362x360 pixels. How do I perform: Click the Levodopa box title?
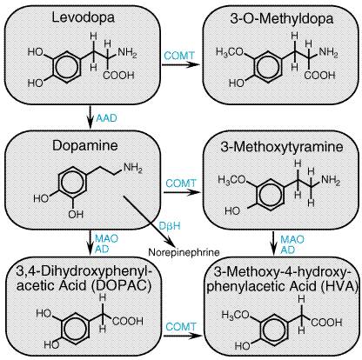pos(84,18)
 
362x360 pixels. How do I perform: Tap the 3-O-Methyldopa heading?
pos(282,18)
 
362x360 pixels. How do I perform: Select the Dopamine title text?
pos(85,145)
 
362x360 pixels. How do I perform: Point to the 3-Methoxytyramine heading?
pos(282,147)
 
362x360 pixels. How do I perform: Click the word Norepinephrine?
pos(184,252)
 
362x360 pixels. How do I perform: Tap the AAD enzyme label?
pos(106,118)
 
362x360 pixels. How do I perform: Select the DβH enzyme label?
pos(170,226)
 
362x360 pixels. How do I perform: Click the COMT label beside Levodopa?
pos(179,56)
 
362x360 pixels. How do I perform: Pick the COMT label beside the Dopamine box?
pos(181,183)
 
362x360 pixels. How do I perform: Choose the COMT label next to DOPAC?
pos(181,327)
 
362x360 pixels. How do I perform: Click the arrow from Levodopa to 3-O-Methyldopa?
pos(181,64)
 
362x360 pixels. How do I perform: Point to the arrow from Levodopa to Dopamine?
pos(90,117)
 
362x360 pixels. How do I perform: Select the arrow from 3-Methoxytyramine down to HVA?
pos(273,243)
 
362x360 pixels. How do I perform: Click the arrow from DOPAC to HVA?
pos(183,336)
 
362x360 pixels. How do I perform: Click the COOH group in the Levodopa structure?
pos(118,76)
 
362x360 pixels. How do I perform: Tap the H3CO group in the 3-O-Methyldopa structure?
pos(230,52)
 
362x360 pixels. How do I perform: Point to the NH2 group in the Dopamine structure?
pos(133,168)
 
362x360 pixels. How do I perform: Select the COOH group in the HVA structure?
pos(327,322)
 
